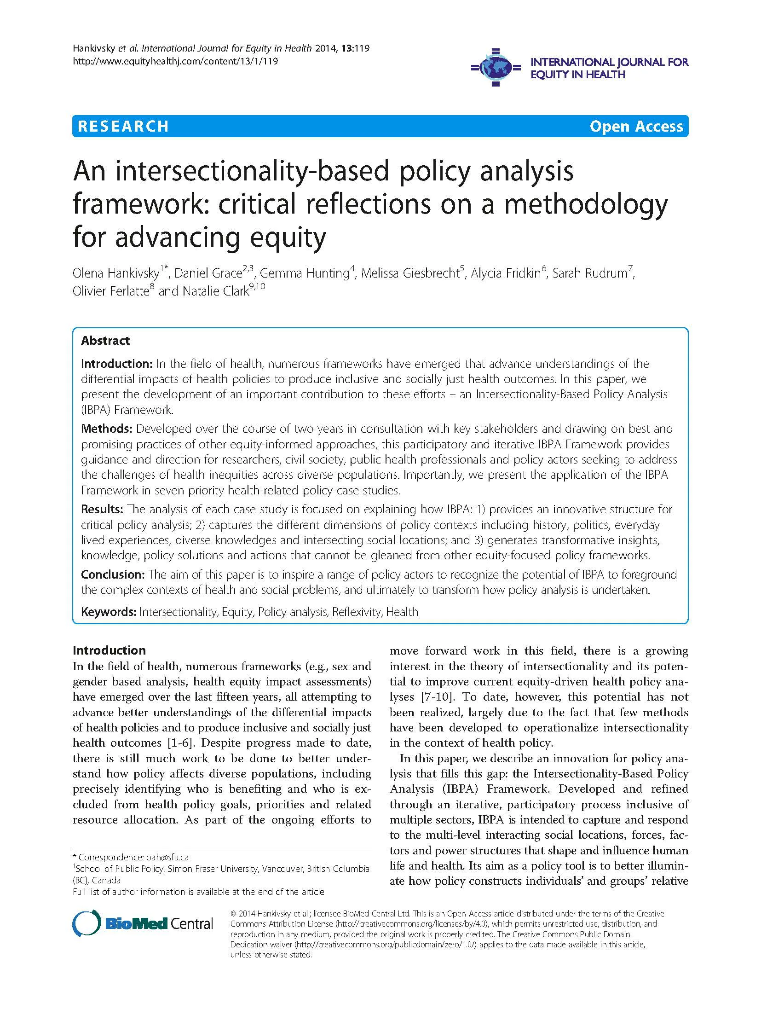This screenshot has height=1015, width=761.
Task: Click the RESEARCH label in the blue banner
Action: pyautogui.click(x=123, y=126)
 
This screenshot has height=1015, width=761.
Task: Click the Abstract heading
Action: pyautogui.click(x=105, y=341)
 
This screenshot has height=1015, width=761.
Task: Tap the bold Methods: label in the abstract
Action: pyautogui.click(x=107, y=429)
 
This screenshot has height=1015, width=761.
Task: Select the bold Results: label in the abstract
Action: pyautogui.click(x=102, y=509)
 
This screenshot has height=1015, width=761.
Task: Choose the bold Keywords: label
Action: pyautogui.click(x=109, y=612)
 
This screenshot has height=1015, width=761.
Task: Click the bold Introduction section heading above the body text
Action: pyautogui.click(x=109, y=650)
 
